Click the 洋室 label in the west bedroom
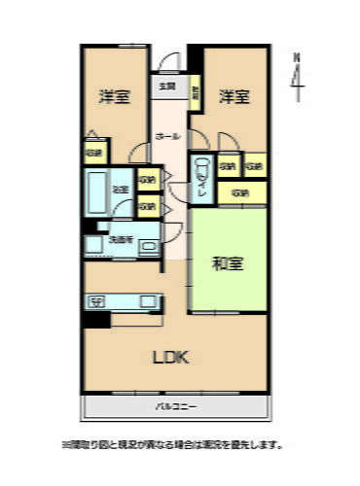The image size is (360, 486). tap(115, 97)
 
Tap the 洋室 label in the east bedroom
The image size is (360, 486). tap(234, 97)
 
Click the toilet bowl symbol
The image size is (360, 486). tap(202, 172)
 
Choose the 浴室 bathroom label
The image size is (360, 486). tap(122, 190)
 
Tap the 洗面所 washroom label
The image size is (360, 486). tap(121, 239)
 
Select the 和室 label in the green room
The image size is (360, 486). tap(228, 263)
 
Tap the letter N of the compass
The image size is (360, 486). tap(298, 56)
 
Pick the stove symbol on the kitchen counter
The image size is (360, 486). tap(96, 301)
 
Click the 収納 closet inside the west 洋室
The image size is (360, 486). tap(94, 153)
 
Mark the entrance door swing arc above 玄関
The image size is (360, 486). tap(167, 60)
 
